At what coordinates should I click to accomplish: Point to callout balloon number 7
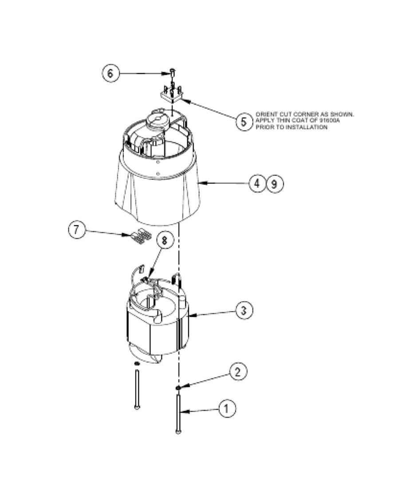[76, 230]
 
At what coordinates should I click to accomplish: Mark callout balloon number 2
[238, 372]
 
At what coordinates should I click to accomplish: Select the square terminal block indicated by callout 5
[171, 95]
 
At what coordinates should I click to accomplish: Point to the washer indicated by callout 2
[178, 388]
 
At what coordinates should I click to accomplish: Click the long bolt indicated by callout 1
[178, 413]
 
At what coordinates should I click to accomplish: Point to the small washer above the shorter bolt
[137, 364]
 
